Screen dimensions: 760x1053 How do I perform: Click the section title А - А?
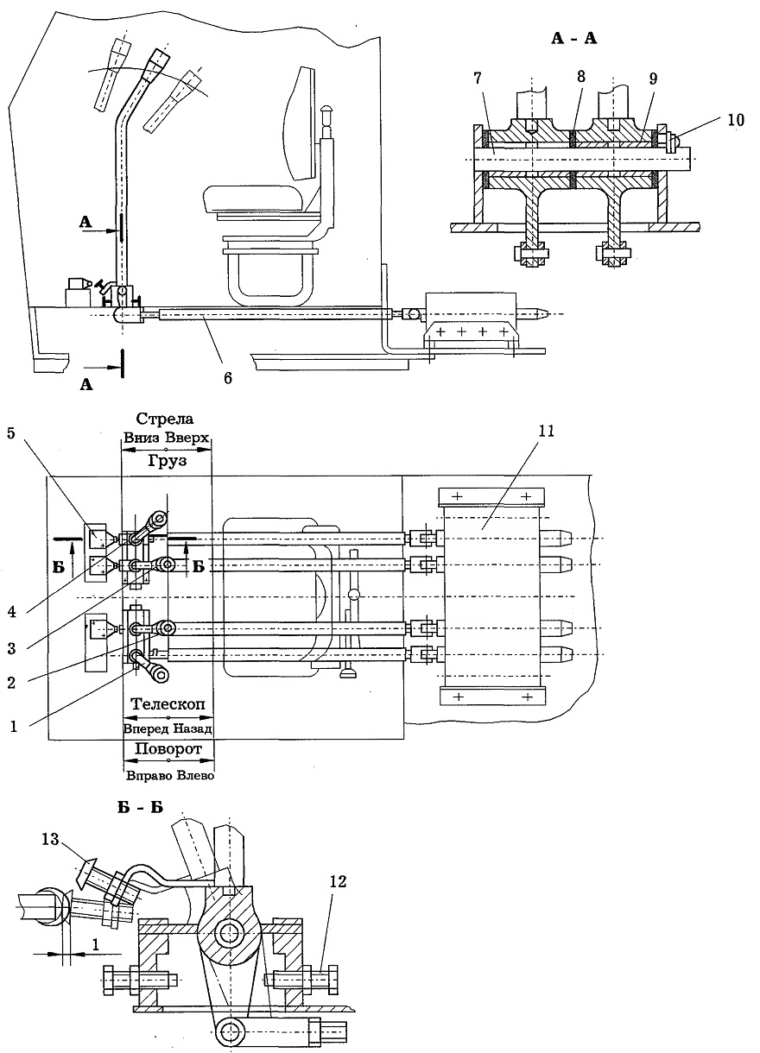click(573, 39)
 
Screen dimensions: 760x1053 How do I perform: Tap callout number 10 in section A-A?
click(736, 120)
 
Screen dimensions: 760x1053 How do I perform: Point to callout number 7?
click(478, 78)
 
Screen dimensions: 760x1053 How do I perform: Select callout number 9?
click(652, 79)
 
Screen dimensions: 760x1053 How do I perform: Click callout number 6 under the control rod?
click(228, 377)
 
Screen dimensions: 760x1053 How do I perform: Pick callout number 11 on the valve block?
click(547, 431)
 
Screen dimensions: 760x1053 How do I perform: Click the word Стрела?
click(164, 419)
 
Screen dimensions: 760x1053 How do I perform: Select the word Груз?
click(167, 461)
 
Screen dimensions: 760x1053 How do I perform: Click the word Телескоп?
click(168, 703)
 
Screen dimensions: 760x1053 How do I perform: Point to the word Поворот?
click(168, 749)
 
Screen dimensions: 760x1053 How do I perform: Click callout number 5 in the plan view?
click(11, 433)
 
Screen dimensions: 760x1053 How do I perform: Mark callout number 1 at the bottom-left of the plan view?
click(13, 727)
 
